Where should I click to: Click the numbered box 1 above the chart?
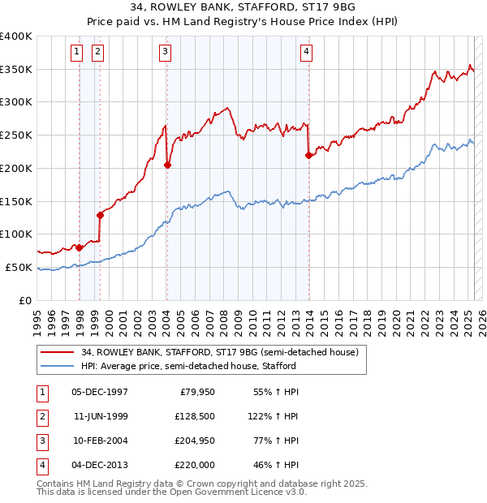click(x=76, y=52)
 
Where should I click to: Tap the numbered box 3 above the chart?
click(x=165, y=52)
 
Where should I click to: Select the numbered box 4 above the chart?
click(x=307, y=52)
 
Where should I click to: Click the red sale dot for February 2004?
click(x=167, y=165)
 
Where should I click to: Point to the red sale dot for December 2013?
click(x=308, y=155)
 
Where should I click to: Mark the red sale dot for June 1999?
click(x=100, y=215)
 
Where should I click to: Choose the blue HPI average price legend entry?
click(x=187, y=367)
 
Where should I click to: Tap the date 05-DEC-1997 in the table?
click(x=100, y=392)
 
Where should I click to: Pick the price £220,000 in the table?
click(x=196, y=465)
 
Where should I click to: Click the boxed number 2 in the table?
click(x=41, y=416)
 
